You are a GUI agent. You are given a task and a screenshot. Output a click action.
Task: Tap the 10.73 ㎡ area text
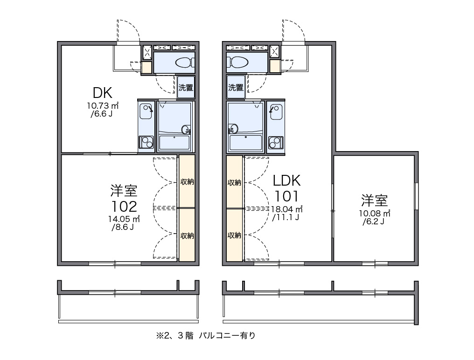103,105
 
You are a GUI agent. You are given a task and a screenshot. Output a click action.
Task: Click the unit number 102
124,206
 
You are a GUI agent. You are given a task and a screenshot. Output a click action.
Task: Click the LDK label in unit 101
286,180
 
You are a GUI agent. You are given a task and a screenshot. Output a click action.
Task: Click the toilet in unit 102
184,62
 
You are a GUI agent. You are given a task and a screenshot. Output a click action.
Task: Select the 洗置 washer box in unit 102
186,87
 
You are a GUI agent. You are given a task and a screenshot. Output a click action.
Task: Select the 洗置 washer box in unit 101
236,87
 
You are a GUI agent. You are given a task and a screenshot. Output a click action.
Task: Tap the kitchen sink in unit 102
147,110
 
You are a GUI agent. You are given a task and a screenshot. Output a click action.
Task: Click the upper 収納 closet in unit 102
187,181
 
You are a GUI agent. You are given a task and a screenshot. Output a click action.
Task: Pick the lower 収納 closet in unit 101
234,235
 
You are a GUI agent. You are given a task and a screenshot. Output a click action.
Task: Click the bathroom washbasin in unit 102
185,129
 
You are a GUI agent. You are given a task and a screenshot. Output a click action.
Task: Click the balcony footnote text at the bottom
206,335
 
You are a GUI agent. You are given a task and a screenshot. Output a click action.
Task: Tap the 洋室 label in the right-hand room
374,201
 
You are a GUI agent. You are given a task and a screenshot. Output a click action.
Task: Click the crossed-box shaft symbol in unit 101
275,52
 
